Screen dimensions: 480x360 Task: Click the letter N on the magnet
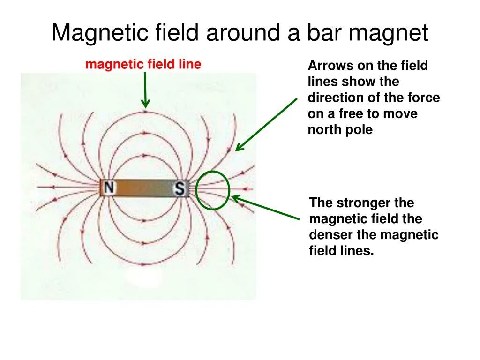pos(109,188)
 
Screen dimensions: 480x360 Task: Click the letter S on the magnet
pos(180,188)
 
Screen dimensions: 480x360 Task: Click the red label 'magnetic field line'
pos(143,64)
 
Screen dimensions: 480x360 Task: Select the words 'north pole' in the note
pos(340,130)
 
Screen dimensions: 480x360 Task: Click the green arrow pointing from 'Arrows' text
pos(266,125)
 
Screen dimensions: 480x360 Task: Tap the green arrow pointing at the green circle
pos(265,208)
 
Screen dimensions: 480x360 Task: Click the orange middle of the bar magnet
pos(144,188)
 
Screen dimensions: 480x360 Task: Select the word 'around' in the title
pos(244,34)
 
